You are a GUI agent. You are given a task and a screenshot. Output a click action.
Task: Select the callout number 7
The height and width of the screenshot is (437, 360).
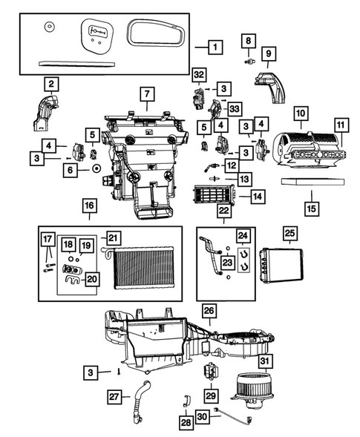147,95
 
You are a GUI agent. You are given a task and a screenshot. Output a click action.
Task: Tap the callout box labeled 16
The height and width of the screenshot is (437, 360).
88,205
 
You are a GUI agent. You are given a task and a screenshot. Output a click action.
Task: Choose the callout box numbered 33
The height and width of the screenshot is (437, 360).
235,109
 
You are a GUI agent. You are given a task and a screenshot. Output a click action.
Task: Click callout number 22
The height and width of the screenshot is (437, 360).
223,211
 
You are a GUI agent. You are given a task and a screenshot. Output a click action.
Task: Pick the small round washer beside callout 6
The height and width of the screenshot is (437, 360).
96,170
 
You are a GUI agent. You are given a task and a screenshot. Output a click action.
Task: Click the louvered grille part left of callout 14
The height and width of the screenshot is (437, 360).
214,196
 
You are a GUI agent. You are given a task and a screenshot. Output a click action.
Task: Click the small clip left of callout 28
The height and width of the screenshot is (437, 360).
186,402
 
